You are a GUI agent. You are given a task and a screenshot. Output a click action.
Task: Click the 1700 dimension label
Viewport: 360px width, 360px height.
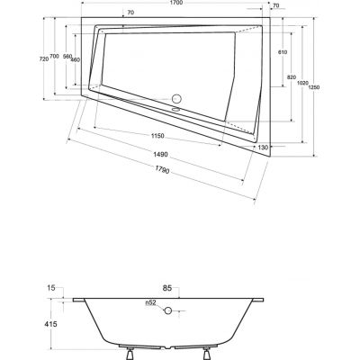click(x=176, y=3)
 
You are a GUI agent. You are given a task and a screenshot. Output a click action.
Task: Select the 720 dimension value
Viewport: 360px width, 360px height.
click(x=44, y=59)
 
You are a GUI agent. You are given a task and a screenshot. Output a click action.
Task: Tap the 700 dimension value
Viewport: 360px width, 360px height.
click(x=54, y=56)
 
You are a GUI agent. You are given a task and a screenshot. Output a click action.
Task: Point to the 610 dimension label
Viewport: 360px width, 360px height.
click(x=283, y=52)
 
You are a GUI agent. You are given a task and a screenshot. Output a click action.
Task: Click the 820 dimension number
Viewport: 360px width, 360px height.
click(x=292, y=77)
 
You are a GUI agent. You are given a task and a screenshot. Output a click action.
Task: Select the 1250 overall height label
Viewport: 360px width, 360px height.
click(x=314, y=87)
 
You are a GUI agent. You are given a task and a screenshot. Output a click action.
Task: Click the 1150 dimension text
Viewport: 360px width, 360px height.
click(x=157, y=136)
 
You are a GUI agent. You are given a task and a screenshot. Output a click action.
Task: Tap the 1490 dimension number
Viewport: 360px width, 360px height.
click(x=160, y=155)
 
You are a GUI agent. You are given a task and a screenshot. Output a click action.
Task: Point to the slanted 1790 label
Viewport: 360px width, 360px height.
click(x=162, y=170)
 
